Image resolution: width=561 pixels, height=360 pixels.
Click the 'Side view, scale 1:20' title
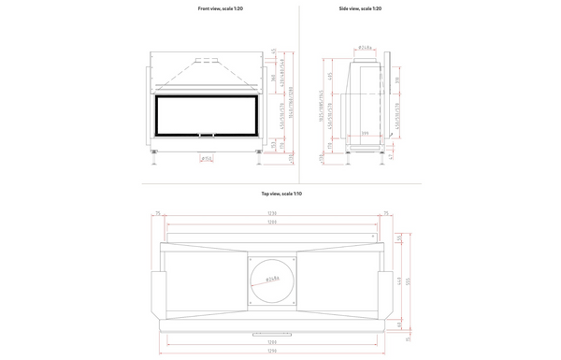pyautogui.click(x=360, y=8)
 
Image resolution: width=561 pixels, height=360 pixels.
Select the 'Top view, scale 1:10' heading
pyautogui.click(x=281, y=194)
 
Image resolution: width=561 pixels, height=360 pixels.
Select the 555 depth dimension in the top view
pyautogui.click(x=409, y=281)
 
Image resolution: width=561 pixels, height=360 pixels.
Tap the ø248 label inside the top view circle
pyautogui.click(x=273, y=279)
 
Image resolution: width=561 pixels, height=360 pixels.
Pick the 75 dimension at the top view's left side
pyautogui.click(x=159, y=214)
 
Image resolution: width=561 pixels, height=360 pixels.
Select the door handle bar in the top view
pyautogui.click(x=273, y=332)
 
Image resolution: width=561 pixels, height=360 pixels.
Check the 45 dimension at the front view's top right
pyautogui.click(x=272, y=50)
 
